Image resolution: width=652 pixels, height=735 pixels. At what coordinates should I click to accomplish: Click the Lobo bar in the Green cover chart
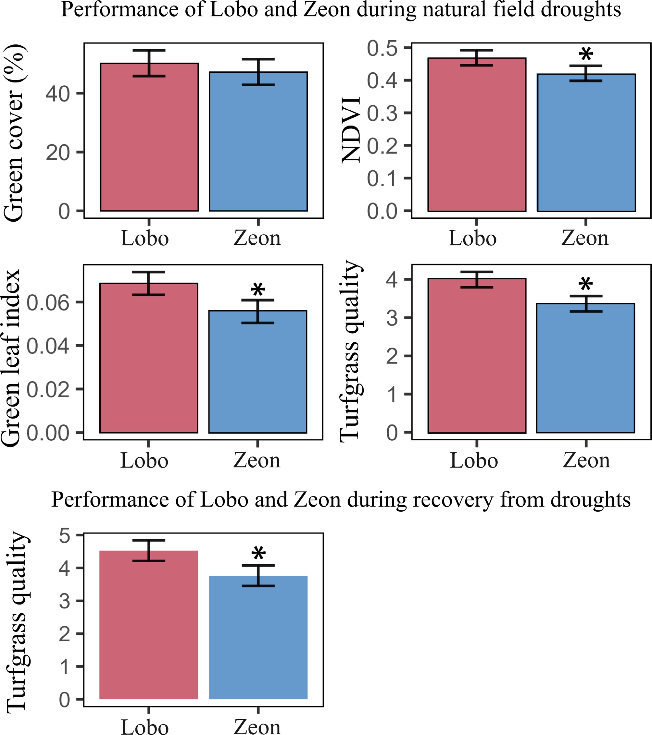[x=149, y=137]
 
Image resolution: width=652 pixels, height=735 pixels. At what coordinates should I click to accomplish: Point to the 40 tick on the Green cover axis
[x=57, y=94]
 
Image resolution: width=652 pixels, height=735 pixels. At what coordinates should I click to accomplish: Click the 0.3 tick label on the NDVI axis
[x=382, y=114]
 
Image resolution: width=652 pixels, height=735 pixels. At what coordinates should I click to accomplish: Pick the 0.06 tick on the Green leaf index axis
[x=47, y=303]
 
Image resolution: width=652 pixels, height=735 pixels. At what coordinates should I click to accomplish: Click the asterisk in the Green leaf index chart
[x=257, y=290]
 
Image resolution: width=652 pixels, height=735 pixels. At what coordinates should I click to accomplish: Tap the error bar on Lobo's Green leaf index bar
[x=148, y=283]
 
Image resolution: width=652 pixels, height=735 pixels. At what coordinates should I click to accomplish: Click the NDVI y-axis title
[x=351, y=130]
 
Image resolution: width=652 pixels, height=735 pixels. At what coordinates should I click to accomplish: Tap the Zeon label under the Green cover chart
[x=257, y=238]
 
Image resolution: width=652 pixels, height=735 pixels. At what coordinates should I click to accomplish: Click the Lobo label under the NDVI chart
[x=472, y=238]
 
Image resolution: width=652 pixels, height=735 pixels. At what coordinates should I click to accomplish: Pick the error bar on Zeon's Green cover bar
[x=258, y=72]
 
